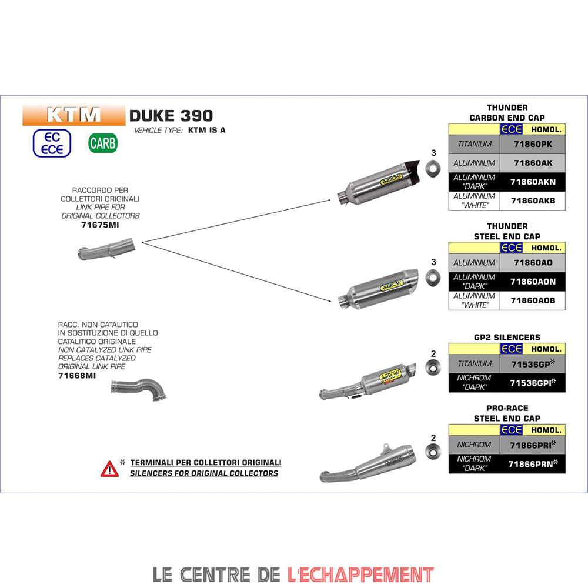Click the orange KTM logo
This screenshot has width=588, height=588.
click(x=73, y=115)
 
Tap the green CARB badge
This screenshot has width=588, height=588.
click(x=103, y=143)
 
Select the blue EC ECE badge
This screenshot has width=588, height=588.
click(x=52, y=143)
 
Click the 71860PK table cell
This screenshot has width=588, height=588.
click(x=532, y=144)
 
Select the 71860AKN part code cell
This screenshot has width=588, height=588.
click(x=532, y=182)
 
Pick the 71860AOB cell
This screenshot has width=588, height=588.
click(x=532, y=300)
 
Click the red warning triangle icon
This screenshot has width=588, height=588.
click(x=109, y=468)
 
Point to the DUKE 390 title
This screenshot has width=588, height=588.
click(x=171, y=115)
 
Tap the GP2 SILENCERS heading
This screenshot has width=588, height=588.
click(x=507, y=338)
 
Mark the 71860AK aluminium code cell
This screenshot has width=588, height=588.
click(x=532, y=163)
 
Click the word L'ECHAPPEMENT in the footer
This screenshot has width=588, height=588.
click(x=360, y=574)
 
